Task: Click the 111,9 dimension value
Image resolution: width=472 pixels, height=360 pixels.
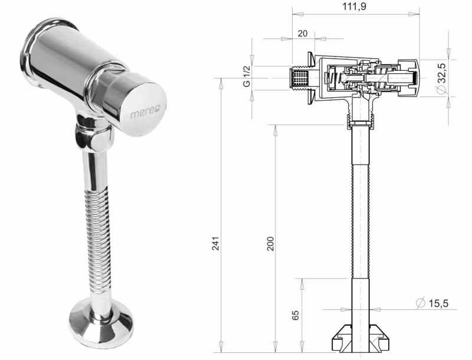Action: click(355, 6)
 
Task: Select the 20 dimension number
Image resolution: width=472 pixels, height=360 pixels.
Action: click(303, 33)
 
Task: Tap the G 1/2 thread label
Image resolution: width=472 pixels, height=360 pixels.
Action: click(247, 77)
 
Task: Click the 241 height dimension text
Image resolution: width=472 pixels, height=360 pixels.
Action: click(215, 244)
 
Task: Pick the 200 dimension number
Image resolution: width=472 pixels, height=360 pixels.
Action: click(270, 244)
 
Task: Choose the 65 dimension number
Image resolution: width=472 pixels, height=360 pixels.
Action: click(296, 315)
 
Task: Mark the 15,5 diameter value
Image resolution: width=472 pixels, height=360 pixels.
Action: click(438, 303)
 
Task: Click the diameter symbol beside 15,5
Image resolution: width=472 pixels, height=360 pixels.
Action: click(420, 303)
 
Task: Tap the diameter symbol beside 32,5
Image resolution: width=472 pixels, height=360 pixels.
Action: click(441, 89)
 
